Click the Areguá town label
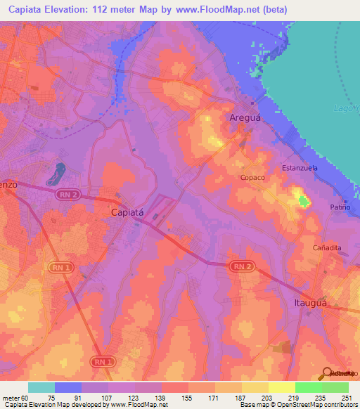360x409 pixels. [x=245, y=119]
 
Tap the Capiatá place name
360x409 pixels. [x=128, y=211]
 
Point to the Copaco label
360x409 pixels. [x=252, y=178]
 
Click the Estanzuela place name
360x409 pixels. [x=301, y=169]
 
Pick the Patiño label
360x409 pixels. [x=340, y=207]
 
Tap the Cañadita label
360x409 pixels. [x=327, y=248]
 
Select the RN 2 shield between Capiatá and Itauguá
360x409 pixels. [x=240, y=266]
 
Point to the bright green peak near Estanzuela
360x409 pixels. [x=303, y=202]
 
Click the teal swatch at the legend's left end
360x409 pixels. [x=41, y=387]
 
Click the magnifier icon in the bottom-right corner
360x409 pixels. [x=328, y=373]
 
